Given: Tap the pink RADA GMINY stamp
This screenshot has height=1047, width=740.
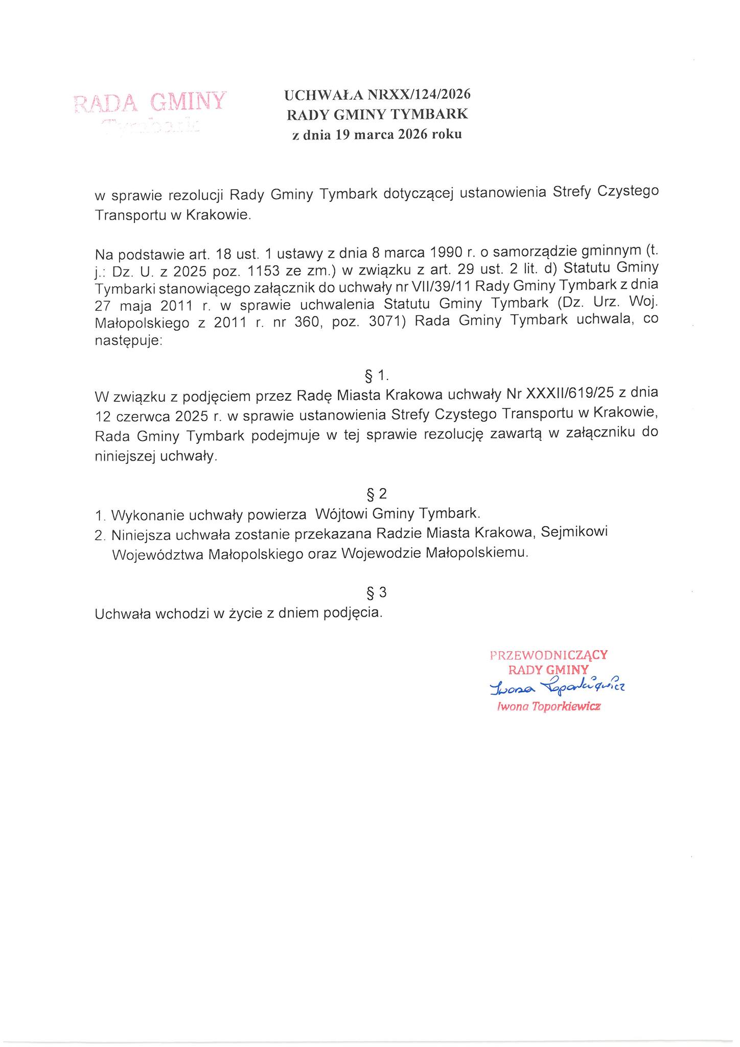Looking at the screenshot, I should tap(150, 102).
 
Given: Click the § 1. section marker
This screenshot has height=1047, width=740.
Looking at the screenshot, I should tap(377, 376).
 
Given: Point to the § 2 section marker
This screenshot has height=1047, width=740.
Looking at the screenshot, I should tap(377, 494).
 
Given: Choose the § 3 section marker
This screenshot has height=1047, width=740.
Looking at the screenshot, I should tap(377, 593).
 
